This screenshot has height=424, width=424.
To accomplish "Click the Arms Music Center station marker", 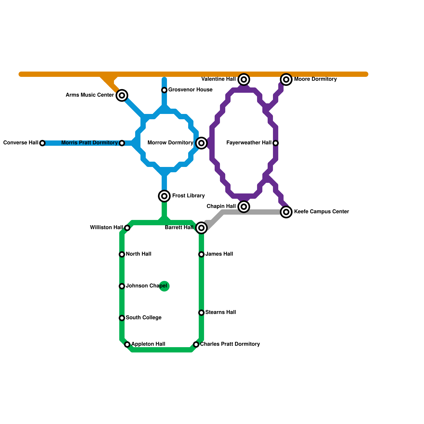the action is [122, 95].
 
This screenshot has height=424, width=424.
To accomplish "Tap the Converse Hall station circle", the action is [42, 143].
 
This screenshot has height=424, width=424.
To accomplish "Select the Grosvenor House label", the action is [190, 90].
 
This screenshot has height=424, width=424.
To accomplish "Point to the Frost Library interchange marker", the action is [164, 196].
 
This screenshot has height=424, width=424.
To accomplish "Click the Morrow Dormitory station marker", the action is [201, 143].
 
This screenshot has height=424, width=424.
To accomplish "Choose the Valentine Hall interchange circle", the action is [244, 79].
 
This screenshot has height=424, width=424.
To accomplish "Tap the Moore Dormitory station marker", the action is [286, 79].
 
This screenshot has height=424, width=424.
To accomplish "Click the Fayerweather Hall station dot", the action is [276, 143].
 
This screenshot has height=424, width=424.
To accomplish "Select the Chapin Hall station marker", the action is [244, 206].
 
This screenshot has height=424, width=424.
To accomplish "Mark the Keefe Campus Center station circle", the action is [286, 212].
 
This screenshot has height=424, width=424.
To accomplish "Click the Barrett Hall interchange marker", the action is [201, 228].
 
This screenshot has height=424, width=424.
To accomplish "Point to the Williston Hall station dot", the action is [127, 228].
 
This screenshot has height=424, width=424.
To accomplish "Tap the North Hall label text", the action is [139, 254].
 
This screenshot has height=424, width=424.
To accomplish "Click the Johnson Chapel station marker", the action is [122, 286].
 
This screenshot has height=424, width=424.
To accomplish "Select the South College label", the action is [144, 318].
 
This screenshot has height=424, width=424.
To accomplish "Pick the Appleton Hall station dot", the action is [127, 344].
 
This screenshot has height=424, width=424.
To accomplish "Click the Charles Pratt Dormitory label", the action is [230, 344].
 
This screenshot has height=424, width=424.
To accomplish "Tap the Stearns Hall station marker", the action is [201, 313].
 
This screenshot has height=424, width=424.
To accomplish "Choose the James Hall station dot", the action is [201, 254].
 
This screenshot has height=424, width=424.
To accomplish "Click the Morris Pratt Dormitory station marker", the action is [122, 143].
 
